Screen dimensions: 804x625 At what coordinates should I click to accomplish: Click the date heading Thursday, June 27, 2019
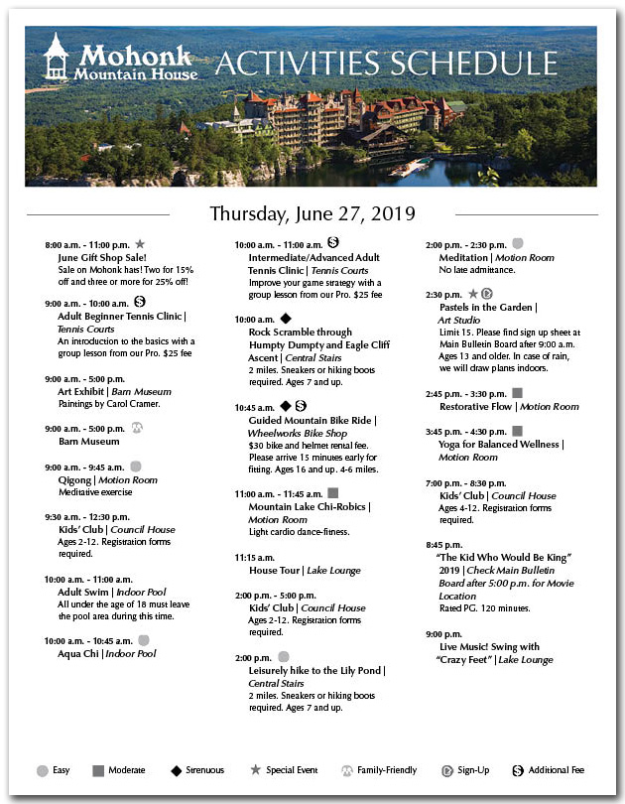tap(312, 213)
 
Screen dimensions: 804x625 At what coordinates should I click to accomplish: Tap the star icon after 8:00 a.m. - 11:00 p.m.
tap(140, 243)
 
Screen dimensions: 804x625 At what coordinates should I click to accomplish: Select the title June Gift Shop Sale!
tap(95, 256)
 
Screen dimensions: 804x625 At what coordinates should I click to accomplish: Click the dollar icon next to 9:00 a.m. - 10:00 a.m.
tap(140, 302)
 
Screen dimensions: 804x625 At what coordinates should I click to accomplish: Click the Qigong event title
tap(74, 479)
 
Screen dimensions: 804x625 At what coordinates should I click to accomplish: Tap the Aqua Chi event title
tap(78, 654)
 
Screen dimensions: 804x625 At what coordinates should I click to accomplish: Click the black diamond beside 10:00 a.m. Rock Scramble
tap(286, 319)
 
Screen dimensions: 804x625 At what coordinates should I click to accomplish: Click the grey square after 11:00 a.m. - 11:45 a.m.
tap(332, 492)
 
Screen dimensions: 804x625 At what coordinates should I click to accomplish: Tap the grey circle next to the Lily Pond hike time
tap(284, 656)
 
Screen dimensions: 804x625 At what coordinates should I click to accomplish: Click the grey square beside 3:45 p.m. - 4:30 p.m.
tap(517, 431)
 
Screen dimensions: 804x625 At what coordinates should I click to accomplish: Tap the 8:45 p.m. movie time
tap(444, 545)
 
